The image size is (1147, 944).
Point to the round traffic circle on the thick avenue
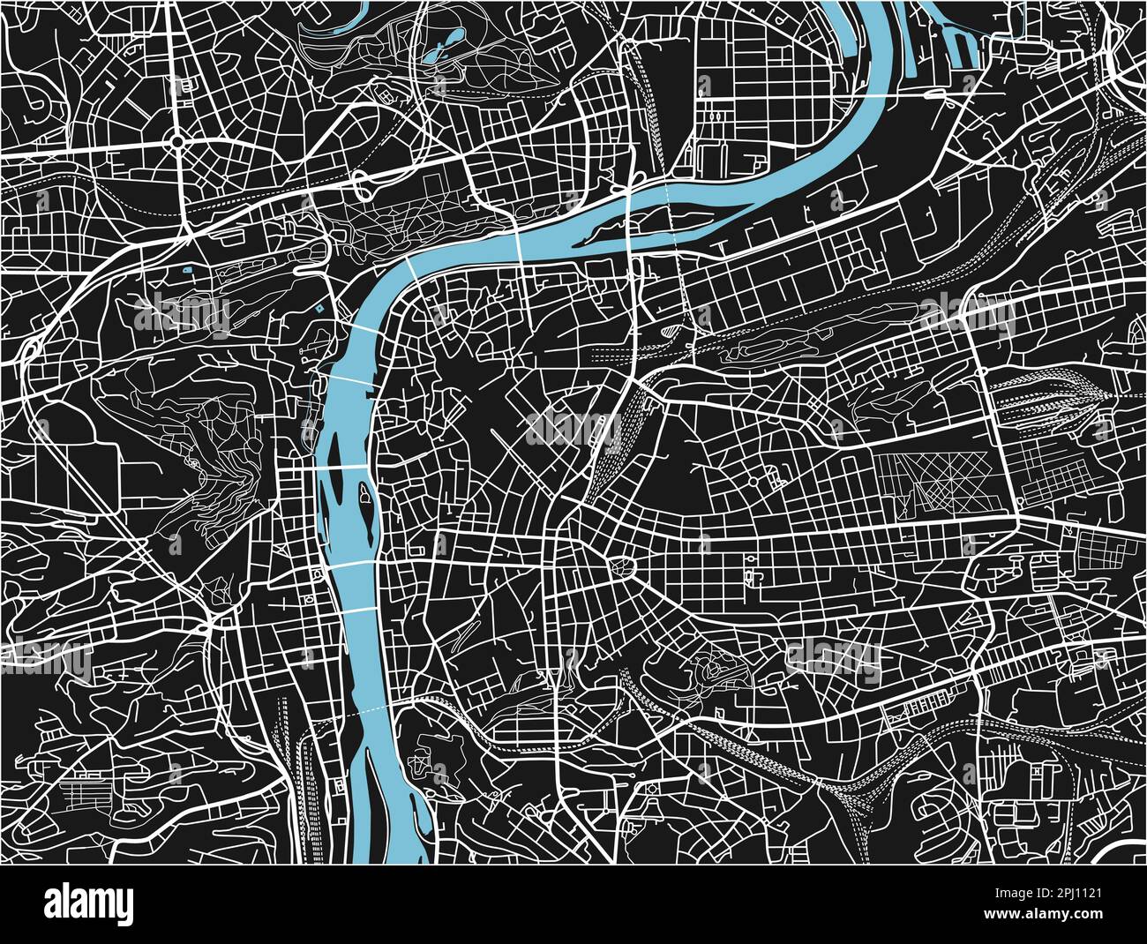click(x=177, y=140)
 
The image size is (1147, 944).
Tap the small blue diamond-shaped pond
click(x=319, y=309)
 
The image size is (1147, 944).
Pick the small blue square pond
click(x=186, y=268)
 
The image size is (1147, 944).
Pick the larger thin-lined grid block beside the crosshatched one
click(x=1050, y=463)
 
